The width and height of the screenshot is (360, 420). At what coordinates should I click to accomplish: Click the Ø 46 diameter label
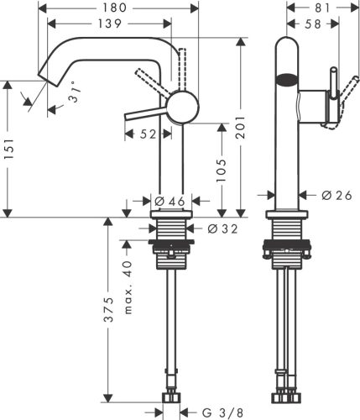pyautogui.click(x=170, y=202)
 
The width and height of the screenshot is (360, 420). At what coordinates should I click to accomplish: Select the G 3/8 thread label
pyautogui.click(x=220, y=412)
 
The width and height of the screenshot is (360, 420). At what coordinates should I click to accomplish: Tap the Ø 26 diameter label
pyautogui.click(x=337, y=195)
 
